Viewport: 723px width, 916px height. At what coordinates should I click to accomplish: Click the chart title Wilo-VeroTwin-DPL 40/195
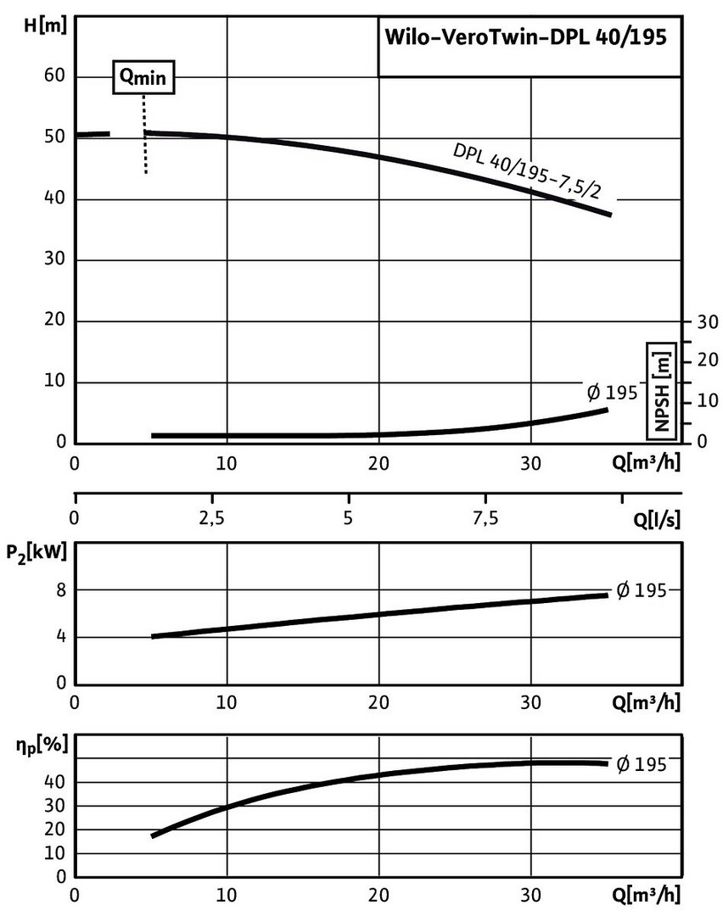(x=526, y=37)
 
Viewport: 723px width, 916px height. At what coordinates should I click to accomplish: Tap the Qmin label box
(x=144, y=78)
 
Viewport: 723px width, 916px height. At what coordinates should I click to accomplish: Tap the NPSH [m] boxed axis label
(x=661, y=390)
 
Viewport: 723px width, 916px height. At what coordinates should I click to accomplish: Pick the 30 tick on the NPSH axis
(x=708, y=322)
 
